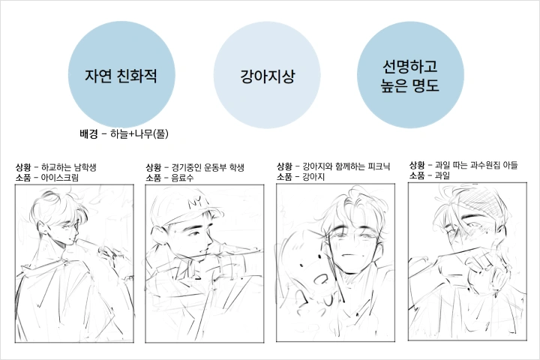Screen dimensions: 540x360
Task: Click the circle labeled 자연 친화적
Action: [121, 74]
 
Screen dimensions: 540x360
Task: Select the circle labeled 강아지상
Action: [267, 75]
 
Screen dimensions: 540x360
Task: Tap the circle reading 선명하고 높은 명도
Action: [410, 75]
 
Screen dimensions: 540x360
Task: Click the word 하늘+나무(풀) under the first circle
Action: [139, 133]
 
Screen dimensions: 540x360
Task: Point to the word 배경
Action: [88, 133]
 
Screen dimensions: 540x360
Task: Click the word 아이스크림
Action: [60, 178]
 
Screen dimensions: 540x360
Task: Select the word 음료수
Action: [182, 178]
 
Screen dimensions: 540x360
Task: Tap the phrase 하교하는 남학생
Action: [68, 167]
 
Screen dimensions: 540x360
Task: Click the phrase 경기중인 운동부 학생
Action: [208, 168]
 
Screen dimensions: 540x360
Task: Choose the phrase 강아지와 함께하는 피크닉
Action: [346, 166]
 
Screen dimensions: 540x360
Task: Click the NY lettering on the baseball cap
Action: [197, 203]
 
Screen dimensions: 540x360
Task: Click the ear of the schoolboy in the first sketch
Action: [42, 227]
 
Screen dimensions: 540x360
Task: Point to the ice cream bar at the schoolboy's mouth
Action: [88, 244]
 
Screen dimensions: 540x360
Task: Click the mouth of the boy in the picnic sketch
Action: [348, 255]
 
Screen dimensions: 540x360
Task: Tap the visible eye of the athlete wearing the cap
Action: [196, 234]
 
